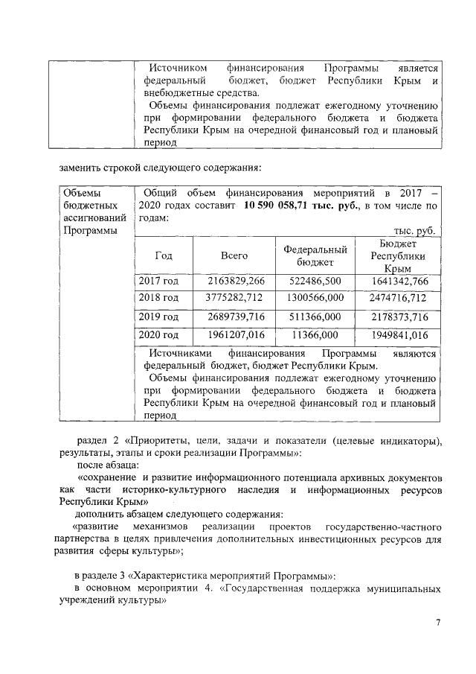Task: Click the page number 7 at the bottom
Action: pos(438,623)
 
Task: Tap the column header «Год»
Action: pos(164,255)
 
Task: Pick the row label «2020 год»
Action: pos(159,335)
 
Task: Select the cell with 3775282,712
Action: pos(235,298)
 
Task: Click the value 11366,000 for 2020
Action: pos(317,335)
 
